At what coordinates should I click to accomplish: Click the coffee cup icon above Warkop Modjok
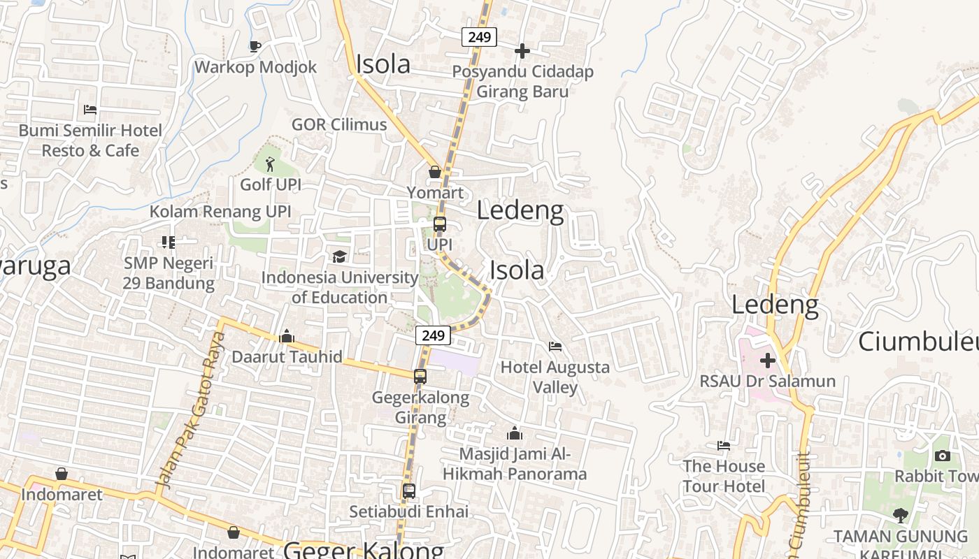(255, 47)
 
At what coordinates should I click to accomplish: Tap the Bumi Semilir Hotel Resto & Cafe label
(90, 140)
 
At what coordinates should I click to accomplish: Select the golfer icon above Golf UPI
(270, 165)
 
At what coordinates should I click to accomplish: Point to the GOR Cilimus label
(339, 124)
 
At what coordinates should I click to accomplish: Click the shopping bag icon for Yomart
(435, 172)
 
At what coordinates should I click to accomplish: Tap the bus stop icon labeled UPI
(439, 224)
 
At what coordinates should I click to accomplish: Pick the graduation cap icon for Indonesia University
(339, 256)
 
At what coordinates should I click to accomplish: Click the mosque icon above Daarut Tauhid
(287, 337)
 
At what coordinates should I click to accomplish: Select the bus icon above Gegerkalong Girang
(420, 377)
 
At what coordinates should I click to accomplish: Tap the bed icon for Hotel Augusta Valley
(555, 347)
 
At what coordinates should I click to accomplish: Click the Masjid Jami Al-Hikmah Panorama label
(515, 464)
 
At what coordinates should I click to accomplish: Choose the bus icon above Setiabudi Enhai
(409, 491)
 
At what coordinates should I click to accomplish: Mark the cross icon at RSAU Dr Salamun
(768, 361)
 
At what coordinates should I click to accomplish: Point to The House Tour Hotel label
(724, 476)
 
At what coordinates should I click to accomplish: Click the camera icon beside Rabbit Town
(943, 456)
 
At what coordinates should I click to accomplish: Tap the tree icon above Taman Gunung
(901, 516)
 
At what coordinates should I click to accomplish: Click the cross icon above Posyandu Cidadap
(522, 51)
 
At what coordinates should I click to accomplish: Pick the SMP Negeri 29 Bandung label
(169, 273)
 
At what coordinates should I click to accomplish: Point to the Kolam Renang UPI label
(220, 212)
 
